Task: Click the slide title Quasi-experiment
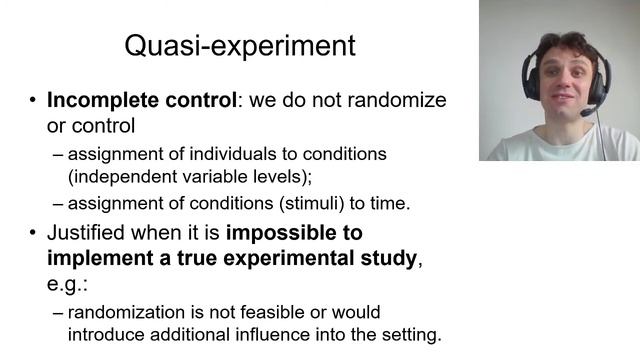click(239, 46)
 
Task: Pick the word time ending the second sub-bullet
click(389, 203)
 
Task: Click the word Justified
click(86, 233)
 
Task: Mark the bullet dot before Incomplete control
click(32, 101)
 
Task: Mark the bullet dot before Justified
click(32, 233)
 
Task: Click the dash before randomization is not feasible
click(57, 312)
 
